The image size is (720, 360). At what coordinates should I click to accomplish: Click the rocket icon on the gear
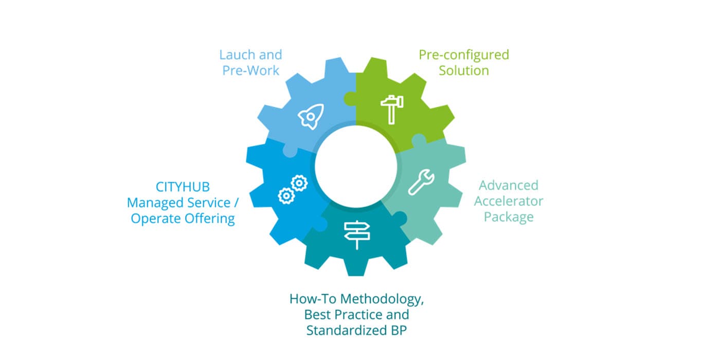coord(311,116)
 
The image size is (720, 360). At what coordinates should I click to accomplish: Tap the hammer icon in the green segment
coord(391,110)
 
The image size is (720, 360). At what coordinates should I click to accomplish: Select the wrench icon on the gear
coord(421,182)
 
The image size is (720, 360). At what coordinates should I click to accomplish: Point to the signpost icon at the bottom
coord(357,235)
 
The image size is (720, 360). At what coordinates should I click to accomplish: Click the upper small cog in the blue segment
coord(299,183)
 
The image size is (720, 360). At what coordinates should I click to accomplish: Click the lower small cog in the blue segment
coord(286,195)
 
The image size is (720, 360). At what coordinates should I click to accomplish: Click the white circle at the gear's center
coord(356,167)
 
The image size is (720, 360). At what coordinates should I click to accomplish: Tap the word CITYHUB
coord(183,187)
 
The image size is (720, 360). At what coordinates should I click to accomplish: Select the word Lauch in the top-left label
coord(238,55)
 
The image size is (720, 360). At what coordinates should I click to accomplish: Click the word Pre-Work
coord(251,70)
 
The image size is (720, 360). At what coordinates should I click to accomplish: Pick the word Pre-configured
coord(464,56)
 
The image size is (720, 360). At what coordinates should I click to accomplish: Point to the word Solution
coord(464,70)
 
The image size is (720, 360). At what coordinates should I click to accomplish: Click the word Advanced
coord(509,185)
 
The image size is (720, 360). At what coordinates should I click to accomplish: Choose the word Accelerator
coord(509,201)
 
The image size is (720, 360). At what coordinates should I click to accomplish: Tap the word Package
coord(509,217)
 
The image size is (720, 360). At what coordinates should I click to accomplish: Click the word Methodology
coord(382,299)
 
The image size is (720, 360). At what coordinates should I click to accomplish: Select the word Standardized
coord(347,330)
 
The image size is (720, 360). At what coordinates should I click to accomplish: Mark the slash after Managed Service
coord(236,203)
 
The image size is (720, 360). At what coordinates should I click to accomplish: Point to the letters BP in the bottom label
coord(399,330)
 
